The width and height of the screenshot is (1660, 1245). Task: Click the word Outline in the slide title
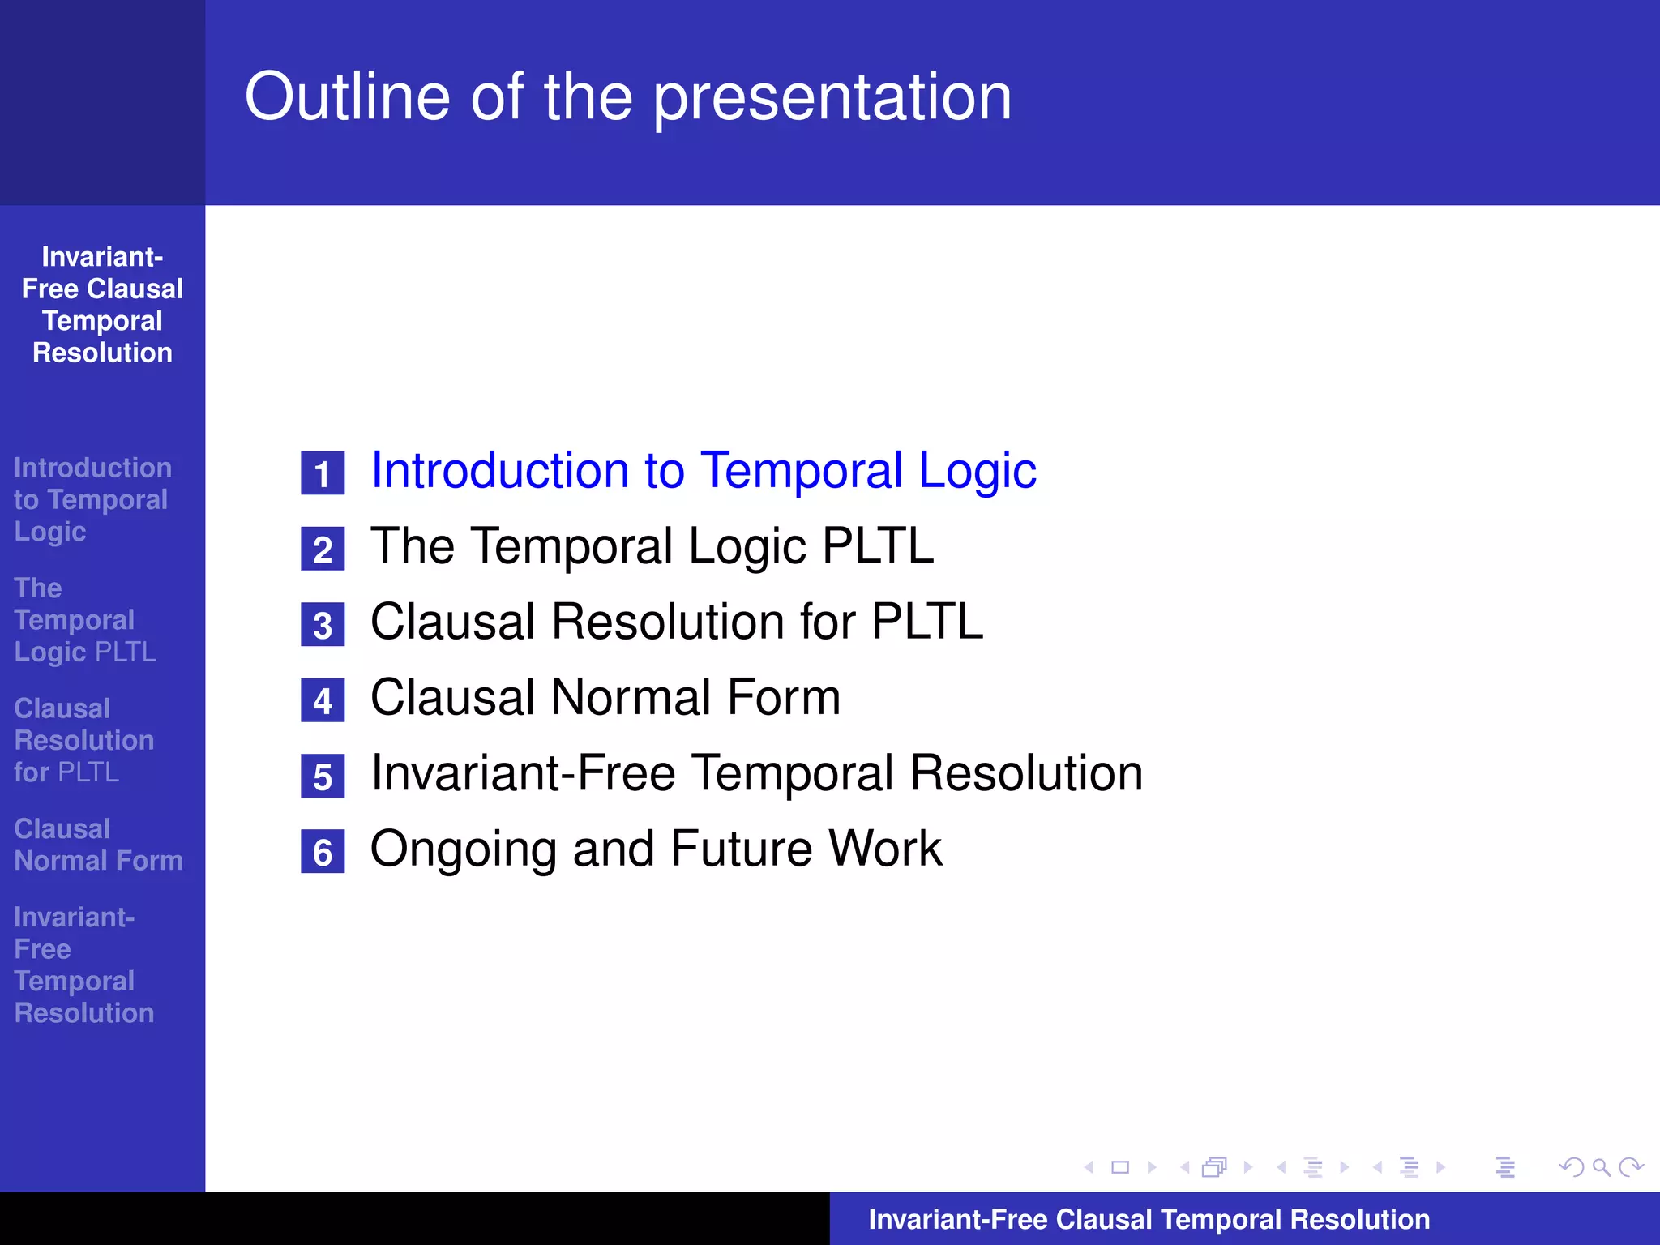click(x=347, y=97)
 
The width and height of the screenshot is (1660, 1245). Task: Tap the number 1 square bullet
click(x=323, y=473)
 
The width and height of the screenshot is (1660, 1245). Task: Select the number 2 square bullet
click(x=323, y=550)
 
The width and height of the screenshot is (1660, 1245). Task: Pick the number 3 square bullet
click(x=323, y=625)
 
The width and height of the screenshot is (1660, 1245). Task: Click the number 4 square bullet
click(x=323, y=700)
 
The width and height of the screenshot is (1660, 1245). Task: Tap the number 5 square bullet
click(x=323, y=777)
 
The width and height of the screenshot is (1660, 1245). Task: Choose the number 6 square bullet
click(x=323, y=852)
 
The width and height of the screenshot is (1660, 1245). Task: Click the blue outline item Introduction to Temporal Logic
click(x=703, y=471)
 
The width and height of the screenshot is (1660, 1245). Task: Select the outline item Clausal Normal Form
click(x=605, y=698)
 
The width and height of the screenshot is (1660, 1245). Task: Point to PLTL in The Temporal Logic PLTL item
click(x=877, y=546)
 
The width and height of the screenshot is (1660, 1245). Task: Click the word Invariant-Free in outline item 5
click(x=523, y=773)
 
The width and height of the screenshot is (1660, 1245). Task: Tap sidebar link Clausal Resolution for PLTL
click(x=83, y=740)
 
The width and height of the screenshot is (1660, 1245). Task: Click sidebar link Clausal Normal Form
click(x=97, y=845)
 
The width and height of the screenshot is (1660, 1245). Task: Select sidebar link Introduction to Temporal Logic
click(x=92, y=499)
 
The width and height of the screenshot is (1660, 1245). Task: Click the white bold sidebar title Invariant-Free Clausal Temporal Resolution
click(x=102, y=305)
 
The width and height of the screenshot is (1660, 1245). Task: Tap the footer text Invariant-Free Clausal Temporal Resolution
click(x=1149, y=1220)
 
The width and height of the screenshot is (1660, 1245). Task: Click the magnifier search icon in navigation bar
click(x=1601, y=1167)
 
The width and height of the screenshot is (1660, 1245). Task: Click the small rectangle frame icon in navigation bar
click(x=1120, y=1167)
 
